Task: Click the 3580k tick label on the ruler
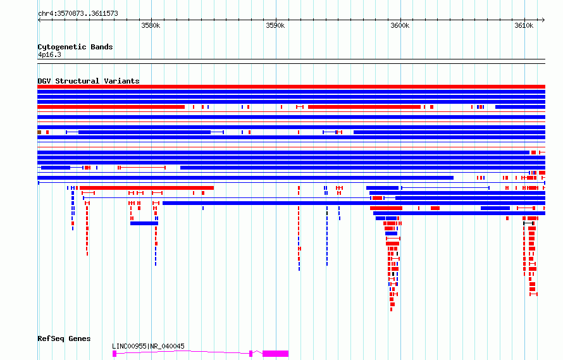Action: click(151, 25)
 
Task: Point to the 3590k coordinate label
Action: click(275, 25)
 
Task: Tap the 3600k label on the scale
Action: click(400, 25)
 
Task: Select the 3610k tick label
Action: click(524, 25)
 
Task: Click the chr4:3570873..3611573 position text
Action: click(78, 14)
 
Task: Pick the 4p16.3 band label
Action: click(49, 54)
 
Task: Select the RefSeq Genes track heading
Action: click(64, 338)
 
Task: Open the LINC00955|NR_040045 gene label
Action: click(148, 346)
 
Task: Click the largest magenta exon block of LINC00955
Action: click(275, 354)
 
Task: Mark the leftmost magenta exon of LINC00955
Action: click(114, 354)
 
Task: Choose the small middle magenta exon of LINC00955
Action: click(251, 354)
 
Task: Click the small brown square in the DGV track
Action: click(39, 132)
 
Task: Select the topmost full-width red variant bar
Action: click(291, 87)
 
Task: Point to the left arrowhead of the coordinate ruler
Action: click(39, 20)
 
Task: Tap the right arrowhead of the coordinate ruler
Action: click(543, 20)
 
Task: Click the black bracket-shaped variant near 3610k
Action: click(529, 223)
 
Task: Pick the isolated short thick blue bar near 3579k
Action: click(144, 223)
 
